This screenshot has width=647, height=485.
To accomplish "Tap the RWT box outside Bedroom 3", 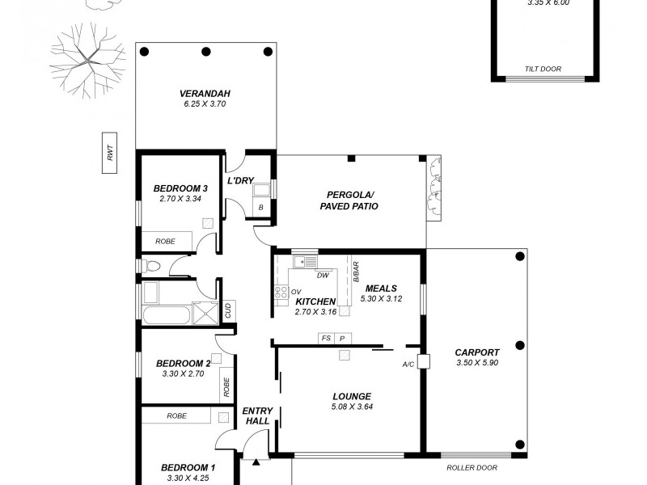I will (109, 154).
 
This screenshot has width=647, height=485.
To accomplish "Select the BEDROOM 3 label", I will (175, 189).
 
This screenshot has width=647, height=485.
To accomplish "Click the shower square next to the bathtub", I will (203, 311).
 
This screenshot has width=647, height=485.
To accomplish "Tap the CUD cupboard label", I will (228, 310).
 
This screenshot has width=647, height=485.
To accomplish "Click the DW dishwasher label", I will (322, 275).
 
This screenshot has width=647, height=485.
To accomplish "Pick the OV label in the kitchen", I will (296, 292).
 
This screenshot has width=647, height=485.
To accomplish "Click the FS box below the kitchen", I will (326, 338).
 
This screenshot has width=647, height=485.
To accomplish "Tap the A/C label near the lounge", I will (408, 365).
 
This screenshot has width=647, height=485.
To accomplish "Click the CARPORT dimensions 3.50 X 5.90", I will (477, 363).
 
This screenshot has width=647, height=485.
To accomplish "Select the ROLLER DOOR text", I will (472, 467).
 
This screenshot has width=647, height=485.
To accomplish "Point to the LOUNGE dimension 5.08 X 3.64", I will (352, 407).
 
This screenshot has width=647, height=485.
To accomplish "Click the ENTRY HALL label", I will (257, 416).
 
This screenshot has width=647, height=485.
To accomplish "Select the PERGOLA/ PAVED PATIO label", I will (352, 200).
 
